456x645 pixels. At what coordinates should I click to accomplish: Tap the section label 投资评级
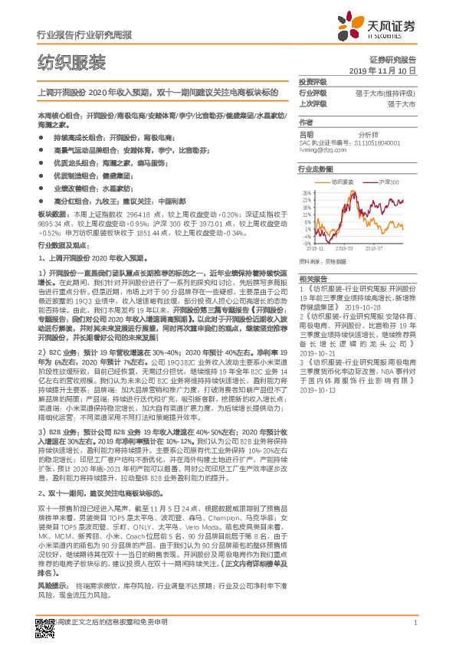point(313,81)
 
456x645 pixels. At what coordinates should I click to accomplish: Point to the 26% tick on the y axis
point(307,193)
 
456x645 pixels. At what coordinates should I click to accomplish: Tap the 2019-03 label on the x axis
point(343,249)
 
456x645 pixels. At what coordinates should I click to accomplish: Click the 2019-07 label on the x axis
point(375,249)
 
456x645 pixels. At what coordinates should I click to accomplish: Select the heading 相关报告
point(313,279)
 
